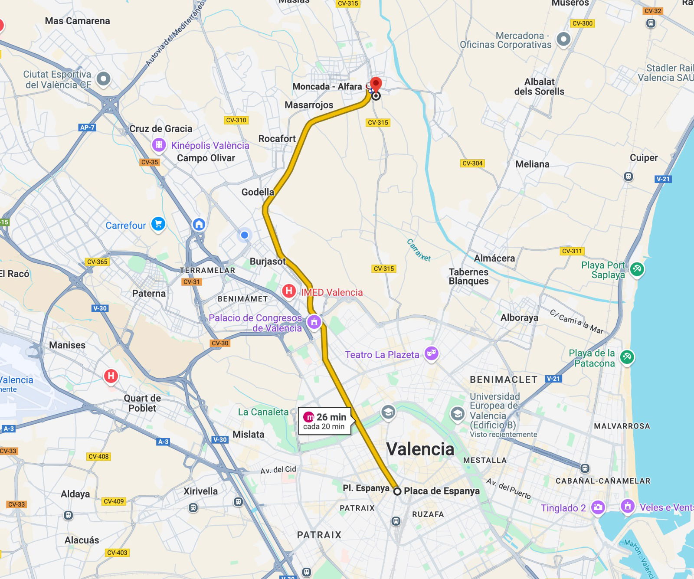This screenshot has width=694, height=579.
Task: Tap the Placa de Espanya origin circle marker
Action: click(x=397, y=491)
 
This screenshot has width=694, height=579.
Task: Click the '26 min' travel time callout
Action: click(x=325, y=421)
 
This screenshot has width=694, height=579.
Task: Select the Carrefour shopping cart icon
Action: click(x=158, y=224)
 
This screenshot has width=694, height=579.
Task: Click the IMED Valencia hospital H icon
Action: click(x=289, y=291)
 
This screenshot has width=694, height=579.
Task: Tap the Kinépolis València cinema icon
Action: click(x=159, y=144)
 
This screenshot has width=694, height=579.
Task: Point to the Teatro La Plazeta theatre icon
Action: click(x=431, y=353)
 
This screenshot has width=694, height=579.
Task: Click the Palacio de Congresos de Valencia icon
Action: click(x=314, y=322)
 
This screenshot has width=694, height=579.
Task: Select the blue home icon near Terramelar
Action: click(x=199, y=224)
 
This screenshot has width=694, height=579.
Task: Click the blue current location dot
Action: click(x=245, y=235)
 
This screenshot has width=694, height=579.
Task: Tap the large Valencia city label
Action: click(x=420, y=449)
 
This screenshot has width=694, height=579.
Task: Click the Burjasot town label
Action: click(x=268, y=261)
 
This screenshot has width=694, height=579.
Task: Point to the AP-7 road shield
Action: click(x=87, y=127)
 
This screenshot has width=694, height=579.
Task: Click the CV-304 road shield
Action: click(x=472, y=163)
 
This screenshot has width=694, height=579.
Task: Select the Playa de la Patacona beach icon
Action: click(x=627, y=357)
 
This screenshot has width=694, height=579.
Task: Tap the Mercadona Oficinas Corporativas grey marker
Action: click(x=563, y=39)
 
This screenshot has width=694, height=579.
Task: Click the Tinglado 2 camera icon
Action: click(x=598, y=507)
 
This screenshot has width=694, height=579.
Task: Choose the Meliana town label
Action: click(x=532, y=164)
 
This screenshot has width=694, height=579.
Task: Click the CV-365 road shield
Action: click(x=97, y=262)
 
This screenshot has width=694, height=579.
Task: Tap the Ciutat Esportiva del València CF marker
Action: click(x=103, y=79)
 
